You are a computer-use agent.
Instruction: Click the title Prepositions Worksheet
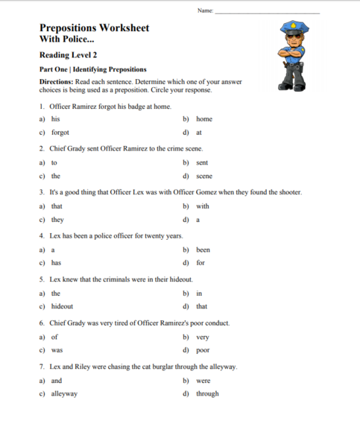pyautogui.click(x=94, y=28)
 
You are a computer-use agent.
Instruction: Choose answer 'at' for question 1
pyautogui.click(x=198, y=133)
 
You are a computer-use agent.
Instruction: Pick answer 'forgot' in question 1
pyautogui.click(x=60, y=133)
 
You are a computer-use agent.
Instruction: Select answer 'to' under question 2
pyautogui.click(x=54, y=162)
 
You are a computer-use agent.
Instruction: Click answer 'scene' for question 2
pyautogui.click(x=203, y=177)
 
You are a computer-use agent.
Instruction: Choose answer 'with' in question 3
pyautogui.click(x=203, y=206)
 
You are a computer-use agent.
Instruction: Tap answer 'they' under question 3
pyautogui.click(x=57, y=220)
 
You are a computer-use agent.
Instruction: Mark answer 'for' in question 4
pyautogui.click(x=200, y=263)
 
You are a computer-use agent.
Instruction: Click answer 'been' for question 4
pyautogui.click(x=203, y=250)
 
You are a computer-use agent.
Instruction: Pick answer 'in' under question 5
pyautogui.click(x=198, y=293)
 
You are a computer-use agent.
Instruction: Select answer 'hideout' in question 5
pyautogui.click(x=62, y=306)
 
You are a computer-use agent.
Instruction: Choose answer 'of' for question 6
pyautogui.click(x=54, y=336)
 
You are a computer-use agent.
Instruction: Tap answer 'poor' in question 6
pyautogui.click(x=203, y=350)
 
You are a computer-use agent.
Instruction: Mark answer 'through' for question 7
pyautogui.click(x=207, y=393)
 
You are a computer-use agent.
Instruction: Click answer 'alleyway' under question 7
pyautogui.click(x=64, y=393)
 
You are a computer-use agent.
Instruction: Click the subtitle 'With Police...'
pyautogui.click(x=67, y=39)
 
